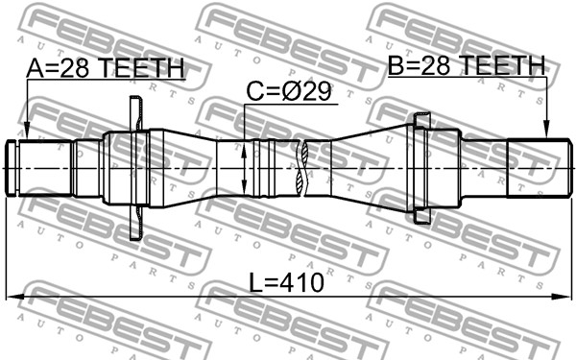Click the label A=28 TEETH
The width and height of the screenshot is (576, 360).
pyautogui.click(x=106, y=67)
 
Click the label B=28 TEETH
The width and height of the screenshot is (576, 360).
pyautogui.click(x=467, y=65)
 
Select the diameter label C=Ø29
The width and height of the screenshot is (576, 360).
pyautogui.click(x=289, y=92)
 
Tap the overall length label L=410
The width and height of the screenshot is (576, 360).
pyautogui.click(x=286, y=283)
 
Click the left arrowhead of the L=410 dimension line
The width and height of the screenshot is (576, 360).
pyautogui.click(x=14, y=296)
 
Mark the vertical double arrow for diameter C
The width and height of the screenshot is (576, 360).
pyautogui.click(x=244, y=168)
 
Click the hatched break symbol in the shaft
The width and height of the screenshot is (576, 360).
pyautogui.click(x=301, y=168)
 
